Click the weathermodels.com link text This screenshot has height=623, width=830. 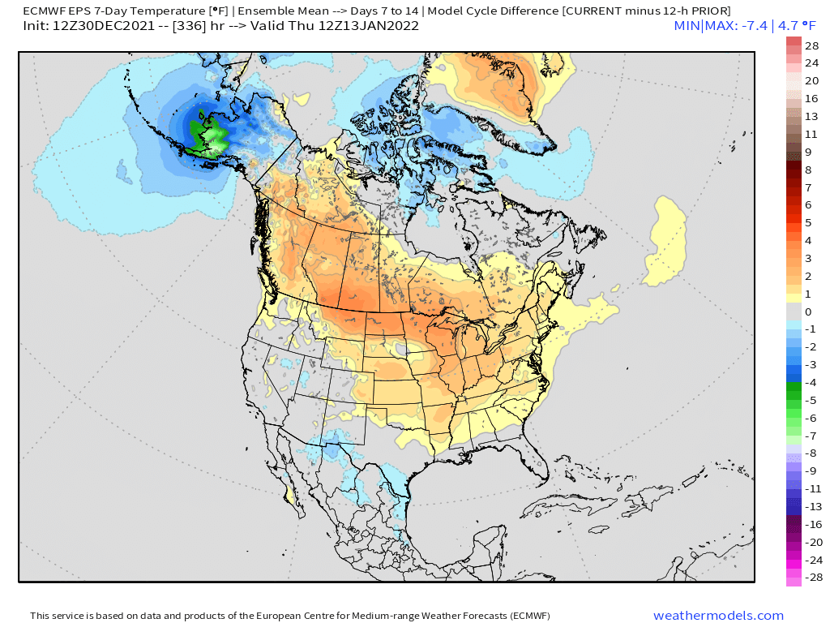(x=718, y=616)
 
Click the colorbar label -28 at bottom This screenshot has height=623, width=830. (x=811, y=578)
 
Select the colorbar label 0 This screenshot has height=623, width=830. (x=808, y=311)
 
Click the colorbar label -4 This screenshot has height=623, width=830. (x=811, y=383)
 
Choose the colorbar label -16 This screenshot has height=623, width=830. (x=811, y=525)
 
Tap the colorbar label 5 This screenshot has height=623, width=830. (x=808, y=222)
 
